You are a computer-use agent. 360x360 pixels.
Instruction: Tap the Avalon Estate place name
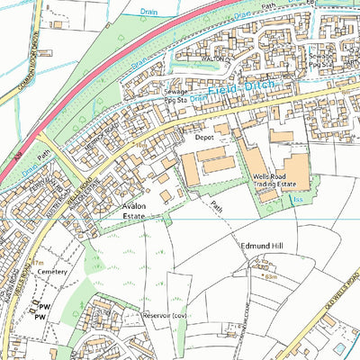(139, 211)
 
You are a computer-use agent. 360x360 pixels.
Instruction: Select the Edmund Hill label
(262, 245)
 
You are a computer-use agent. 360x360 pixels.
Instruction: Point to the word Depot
(206, 138)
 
